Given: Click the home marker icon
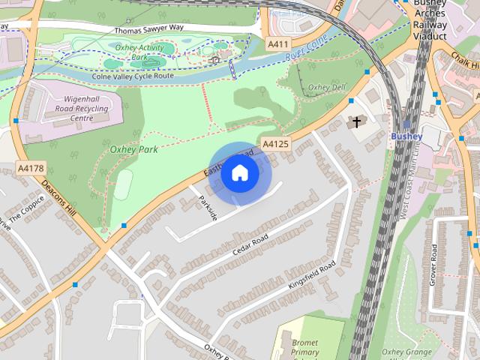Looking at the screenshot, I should click(x=240, y=173).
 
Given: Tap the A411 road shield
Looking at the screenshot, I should click(x=278, y=45).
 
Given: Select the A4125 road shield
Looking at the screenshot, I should click(x=275, y=143).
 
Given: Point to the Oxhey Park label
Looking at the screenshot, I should click(x=133, y=149).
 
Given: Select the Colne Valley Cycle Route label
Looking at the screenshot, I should click(x=131, y=76).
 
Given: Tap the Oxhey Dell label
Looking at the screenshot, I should click(x=326, y=87).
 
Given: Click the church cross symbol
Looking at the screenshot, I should click(x=357, y=121).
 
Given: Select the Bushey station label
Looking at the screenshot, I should click(x=406, y=136).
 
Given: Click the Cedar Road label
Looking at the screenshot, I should click(x=250, y=244).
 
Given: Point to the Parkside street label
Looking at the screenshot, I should click(x=208, y=208).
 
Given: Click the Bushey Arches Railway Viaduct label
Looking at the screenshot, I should click(x=430, y=19).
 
